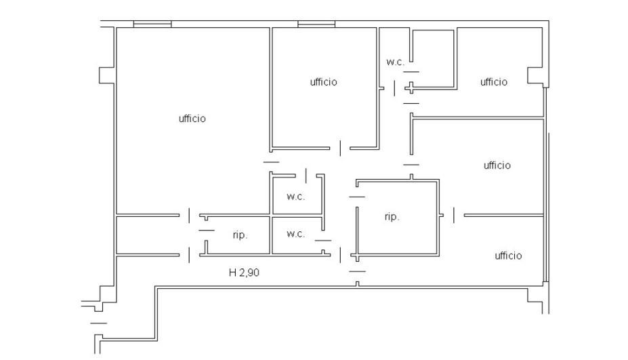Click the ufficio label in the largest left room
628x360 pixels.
coord(192,118)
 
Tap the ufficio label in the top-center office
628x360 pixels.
coord(324,82)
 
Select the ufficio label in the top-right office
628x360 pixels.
coord(494,82)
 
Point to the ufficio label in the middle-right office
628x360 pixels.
coord(497,165)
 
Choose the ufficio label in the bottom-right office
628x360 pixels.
coord(508,256)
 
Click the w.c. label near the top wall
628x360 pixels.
coord(396,62)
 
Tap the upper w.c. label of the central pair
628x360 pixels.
coord(296,197)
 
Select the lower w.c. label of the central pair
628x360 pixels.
coord(296,234)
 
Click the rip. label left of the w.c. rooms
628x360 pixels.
coord(240,235)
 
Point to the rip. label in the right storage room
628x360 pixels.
coord(392,217)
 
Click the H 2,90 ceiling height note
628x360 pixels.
coord(244,273)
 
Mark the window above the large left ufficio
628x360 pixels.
coord(152,24)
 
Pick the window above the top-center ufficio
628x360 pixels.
coord(316,24)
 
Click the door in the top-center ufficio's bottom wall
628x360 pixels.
coord(341,148)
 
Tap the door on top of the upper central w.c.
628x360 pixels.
coord(306,176)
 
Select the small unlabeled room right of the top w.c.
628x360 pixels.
coord(434,58)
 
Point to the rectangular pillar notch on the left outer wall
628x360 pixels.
coord(107,75)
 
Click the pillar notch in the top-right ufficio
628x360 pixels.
coord(535,76)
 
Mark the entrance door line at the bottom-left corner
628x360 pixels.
coord(98,323)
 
